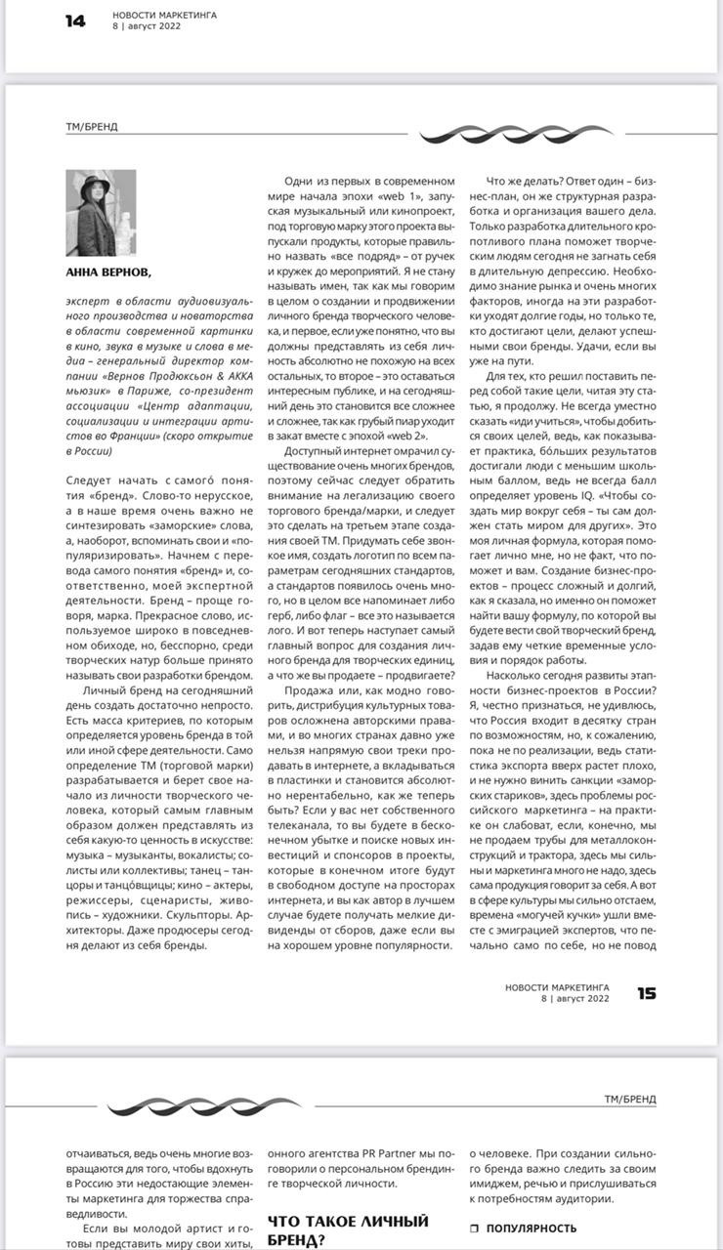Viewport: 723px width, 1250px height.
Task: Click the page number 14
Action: tap(75, 21)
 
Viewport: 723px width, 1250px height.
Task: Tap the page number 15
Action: tap(647, 993)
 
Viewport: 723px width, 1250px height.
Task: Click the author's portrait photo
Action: tap(101, 213)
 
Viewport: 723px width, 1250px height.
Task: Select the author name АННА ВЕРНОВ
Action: tap(108, 272)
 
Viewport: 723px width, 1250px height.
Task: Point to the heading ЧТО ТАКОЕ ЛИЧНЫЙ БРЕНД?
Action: tap(348, 1230)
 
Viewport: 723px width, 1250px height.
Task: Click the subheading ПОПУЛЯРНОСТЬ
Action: tap(532, 1229)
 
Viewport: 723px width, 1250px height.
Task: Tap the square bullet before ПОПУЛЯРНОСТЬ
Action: tap(474, 1229)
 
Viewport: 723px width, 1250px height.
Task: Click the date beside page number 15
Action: tap(575, 999)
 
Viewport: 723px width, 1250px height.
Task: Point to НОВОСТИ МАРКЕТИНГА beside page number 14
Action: tap(164, 15)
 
